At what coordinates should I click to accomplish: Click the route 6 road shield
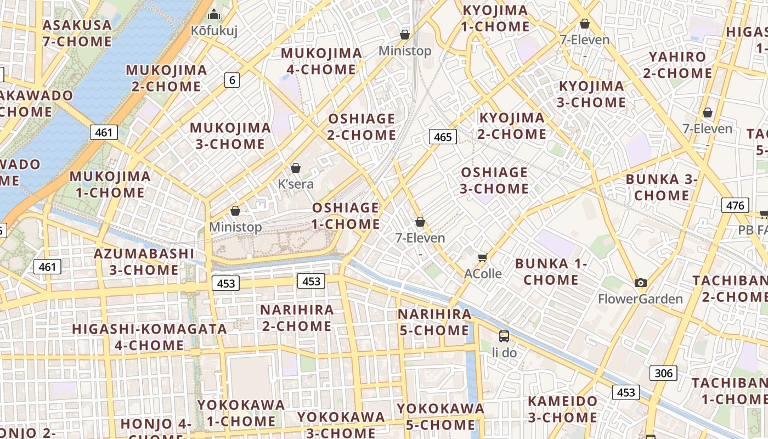click(x=232, y=80)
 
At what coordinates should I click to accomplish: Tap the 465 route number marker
click(x=442, y=137)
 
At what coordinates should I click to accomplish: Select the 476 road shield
click(x=735, y=205)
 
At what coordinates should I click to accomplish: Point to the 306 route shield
click(x=663, y=373)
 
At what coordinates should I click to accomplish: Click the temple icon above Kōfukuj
click(x=214, y=14)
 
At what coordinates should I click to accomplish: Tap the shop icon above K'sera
click(x=296, y=167)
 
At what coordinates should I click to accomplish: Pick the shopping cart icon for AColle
click(x=483, y=257)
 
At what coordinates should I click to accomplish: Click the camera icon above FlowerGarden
click(x=640, y=283)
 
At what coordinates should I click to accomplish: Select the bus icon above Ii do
click(x=504, y=336)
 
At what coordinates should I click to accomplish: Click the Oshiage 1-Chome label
click(x=346, y=216)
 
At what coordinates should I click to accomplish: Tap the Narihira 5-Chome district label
click(x=434, y=322)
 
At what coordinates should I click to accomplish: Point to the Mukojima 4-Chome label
click(x=321, y=61)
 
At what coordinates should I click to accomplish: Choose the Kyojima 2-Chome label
click(x=512, y=126)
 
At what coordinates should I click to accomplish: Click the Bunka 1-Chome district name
click(x=551, y=272)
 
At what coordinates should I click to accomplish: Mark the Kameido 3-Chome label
click(x=562, y=409)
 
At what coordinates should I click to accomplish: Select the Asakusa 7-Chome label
click(x=77, y=33)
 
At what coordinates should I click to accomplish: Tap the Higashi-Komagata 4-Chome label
click(x=150, y=337)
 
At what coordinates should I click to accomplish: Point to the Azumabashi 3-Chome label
click(x=144, y=262)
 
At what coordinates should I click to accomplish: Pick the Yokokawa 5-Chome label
click(x=441, y=417)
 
